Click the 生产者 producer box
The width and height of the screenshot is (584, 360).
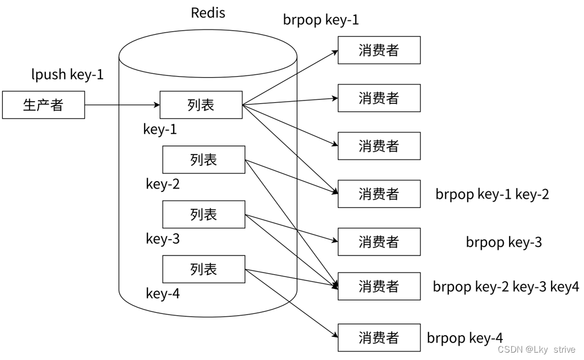click(x=43, y=104)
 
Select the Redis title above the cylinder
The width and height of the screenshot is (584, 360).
click(x=208, y=13)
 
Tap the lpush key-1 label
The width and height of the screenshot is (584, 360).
click(x=68, y=74)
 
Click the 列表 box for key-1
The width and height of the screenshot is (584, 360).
click(x=201, y=104)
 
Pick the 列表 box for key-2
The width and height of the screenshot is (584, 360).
click(x=204, y=160)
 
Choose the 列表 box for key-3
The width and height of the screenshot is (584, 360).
click(x=204, y=214)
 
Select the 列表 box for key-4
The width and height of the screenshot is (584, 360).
click(x=204, y=269)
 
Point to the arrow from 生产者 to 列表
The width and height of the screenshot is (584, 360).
click(x=122, y=104)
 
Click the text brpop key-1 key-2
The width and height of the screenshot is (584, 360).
click(x=492, y=194)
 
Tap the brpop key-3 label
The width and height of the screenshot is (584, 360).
click(x=503, y=242)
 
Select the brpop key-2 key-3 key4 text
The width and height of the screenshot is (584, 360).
click(x=506, y=287)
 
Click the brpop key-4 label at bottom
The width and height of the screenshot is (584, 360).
click(x=464, y=338)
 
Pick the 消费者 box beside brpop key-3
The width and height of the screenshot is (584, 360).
click(x=379, y=242)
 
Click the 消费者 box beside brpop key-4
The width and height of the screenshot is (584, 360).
click(x=379, y=338)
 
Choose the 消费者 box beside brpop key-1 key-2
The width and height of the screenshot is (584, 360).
click(x=379, y=194)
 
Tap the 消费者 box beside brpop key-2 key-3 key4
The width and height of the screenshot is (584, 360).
click(x=379, y=286)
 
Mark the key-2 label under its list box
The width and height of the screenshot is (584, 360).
click(x=163, y=184)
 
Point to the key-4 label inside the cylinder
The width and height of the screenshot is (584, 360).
click(x=163, y=294)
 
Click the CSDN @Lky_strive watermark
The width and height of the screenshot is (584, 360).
click(x=536, y=350)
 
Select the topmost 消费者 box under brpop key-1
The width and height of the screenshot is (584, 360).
click(x=379, y=50)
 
